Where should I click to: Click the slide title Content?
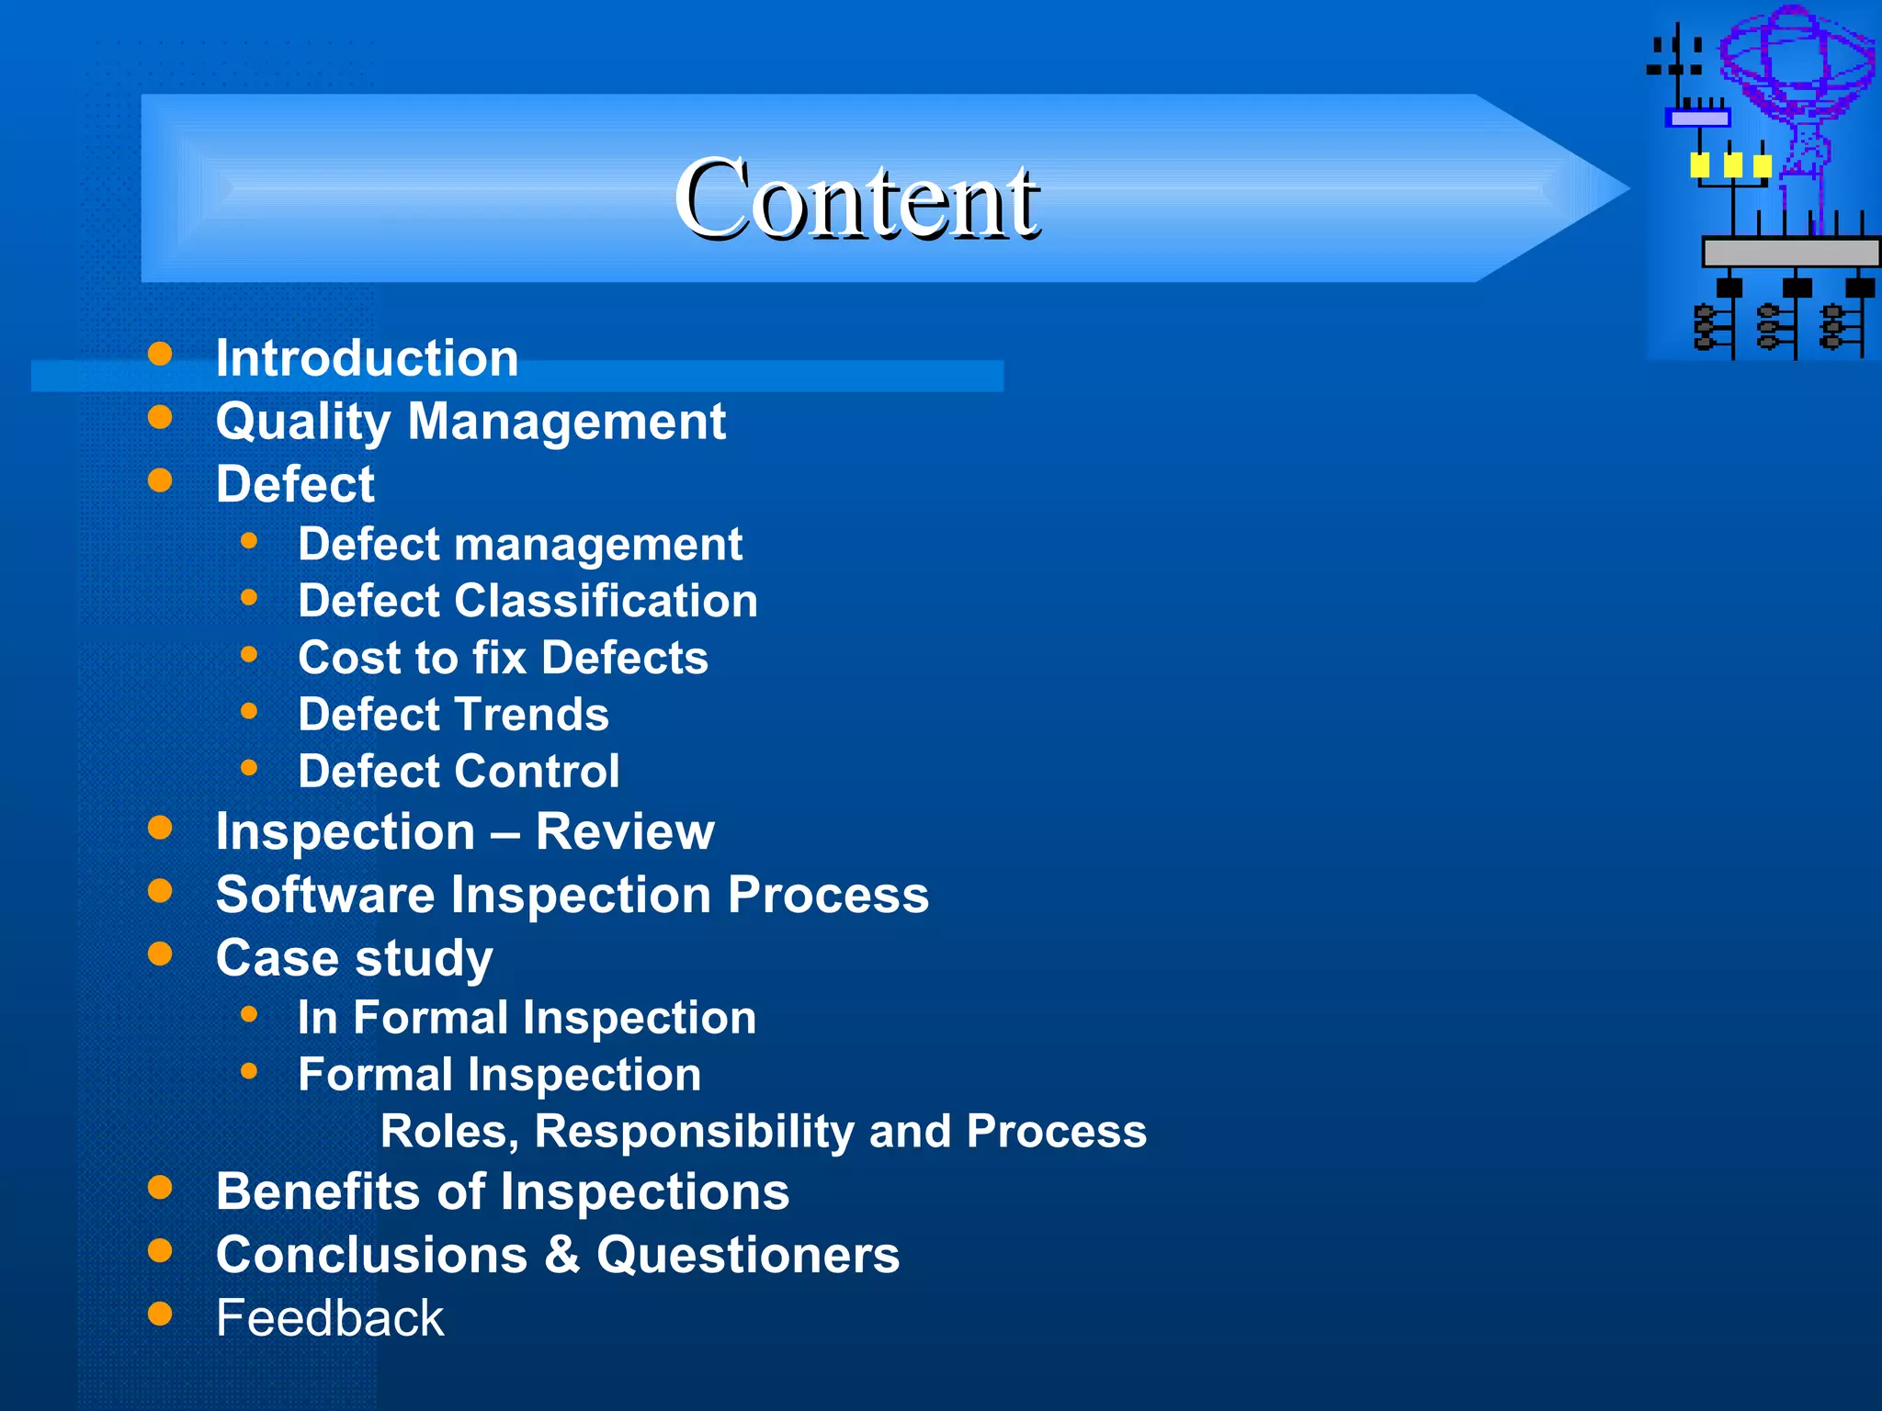coord(856,198)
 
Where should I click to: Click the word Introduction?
coord(367,357)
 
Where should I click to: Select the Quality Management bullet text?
coord(470,421)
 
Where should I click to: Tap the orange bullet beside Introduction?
coord(160,355)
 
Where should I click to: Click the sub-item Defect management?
coord(519,544)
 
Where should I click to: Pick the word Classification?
coord(606,601)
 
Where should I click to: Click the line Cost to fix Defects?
coord(503,658)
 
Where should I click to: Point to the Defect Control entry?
coord(459,771)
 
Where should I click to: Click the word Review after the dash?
coord(624,831)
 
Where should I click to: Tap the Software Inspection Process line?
coord(572,895)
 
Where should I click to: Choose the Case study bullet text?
coord(354,958)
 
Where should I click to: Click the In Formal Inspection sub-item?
coord(527,1018)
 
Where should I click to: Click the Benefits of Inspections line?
coord(502,1191)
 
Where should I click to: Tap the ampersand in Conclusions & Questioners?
coord(562,1255)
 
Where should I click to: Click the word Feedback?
coord(329,1318)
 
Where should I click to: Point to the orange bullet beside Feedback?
coord(160,1314)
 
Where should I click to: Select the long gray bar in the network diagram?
coord(1790,252)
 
